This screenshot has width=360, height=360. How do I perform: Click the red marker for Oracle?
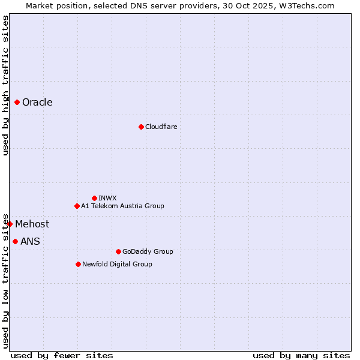[17, 103]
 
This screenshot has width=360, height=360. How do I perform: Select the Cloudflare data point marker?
[141, 127]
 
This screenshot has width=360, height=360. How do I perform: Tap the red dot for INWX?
[94, 198]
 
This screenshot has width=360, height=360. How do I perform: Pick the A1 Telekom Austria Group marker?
[77, 206]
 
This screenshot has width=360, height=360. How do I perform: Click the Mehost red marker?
[10, 224]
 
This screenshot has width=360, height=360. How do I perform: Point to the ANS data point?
[15, 241]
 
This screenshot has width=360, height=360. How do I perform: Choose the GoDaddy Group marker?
[118, 251]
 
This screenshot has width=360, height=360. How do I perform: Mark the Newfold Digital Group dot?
[78, 264]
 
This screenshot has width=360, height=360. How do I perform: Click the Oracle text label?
[37, 103]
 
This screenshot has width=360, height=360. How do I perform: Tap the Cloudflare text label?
[161, 127]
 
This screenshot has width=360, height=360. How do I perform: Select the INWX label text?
[107, 198]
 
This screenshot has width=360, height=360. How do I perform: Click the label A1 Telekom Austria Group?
[122, 206]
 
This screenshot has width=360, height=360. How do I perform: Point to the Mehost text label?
[32, 224]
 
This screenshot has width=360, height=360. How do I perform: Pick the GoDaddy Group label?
[148, 251]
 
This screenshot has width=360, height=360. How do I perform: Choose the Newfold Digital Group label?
[117, 264]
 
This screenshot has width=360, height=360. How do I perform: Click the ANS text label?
[30, 242]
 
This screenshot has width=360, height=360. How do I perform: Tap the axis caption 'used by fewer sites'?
[62, 355]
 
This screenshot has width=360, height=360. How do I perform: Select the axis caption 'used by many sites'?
[301, 355]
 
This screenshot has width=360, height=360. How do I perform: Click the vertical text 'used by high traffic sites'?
[5, 85]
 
